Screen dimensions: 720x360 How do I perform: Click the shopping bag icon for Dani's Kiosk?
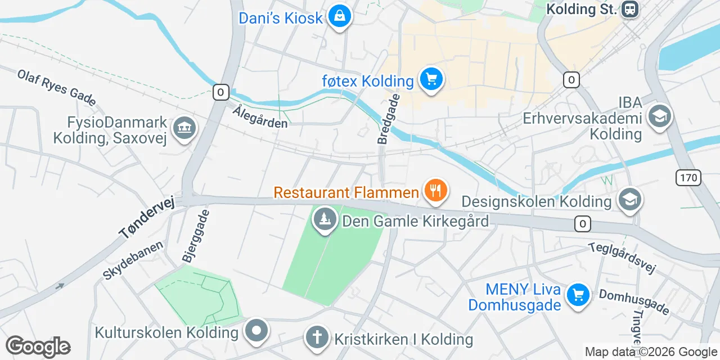click(340, 17)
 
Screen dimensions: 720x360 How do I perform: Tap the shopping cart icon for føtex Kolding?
click(431, 80)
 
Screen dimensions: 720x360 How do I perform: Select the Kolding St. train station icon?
click(629, 9)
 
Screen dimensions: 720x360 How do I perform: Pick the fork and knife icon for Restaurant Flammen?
click(435, 191)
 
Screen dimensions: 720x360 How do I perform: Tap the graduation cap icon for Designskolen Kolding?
click(629, 200)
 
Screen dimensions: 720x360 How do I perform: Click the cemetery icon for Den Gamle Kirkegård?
click(325, 219)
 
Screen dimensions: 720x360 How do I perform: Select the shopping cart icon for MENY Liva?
click(578, 295)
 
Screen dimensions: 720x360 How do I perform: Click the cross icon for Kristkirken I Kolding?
click(317, 337)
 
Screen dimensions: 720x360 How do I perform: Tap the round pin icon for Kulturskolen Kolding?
click(257, 331)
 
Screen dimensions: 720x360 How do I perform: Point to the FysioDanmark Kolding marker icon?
click(184, 129)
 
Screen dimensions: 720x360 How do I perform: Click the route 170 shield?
click(689, 178)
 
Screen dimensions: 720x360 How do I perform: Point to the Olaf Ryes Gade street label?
click(56, 87)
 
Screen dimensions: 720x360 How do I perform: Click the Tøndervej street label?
click(147, 217)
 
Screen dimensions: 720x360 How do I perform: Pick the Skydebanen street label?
click(133, 260)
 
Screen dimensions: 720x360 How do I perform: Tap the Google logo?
click(38, 347)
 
